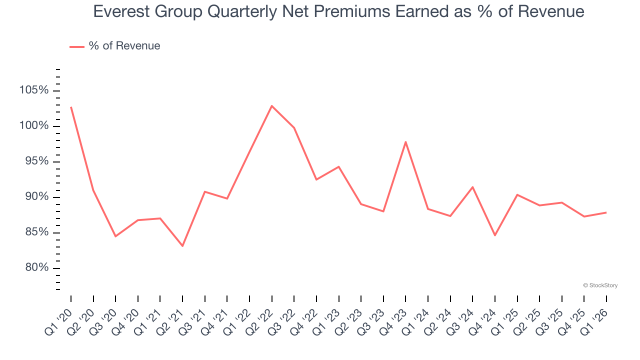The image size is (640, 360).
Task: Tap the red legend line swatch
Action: point(77,46)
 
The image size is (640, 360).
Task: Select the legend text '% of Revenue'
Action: point(124,46)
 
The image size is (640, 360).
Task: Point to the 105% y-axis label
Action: point(34,90)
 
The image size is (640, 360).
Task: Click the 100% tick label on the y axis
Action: point(34,126)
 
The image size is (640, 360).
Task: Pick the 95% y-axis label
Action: point(36,161)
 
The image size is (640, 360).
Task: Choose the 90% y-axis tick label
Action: point(36,197)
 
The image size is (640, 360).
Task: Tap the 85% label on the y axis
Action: point(36,232)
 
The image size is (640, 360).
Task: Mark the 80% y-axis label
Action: point(36,268)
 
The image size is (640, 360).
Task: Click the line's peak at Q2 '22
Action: point(271,106)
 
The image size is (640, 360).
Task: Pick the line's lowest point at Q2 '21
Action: point(182,246)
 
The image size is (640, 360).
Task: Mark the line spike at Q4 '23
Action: point(405,142)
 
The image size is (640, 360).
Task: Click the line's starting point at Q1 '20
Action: point(71,107)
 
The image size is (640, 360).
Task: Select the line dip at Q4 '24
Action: point(495,235)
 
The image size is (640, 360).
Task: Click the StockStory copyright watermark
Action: point(600,285)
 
